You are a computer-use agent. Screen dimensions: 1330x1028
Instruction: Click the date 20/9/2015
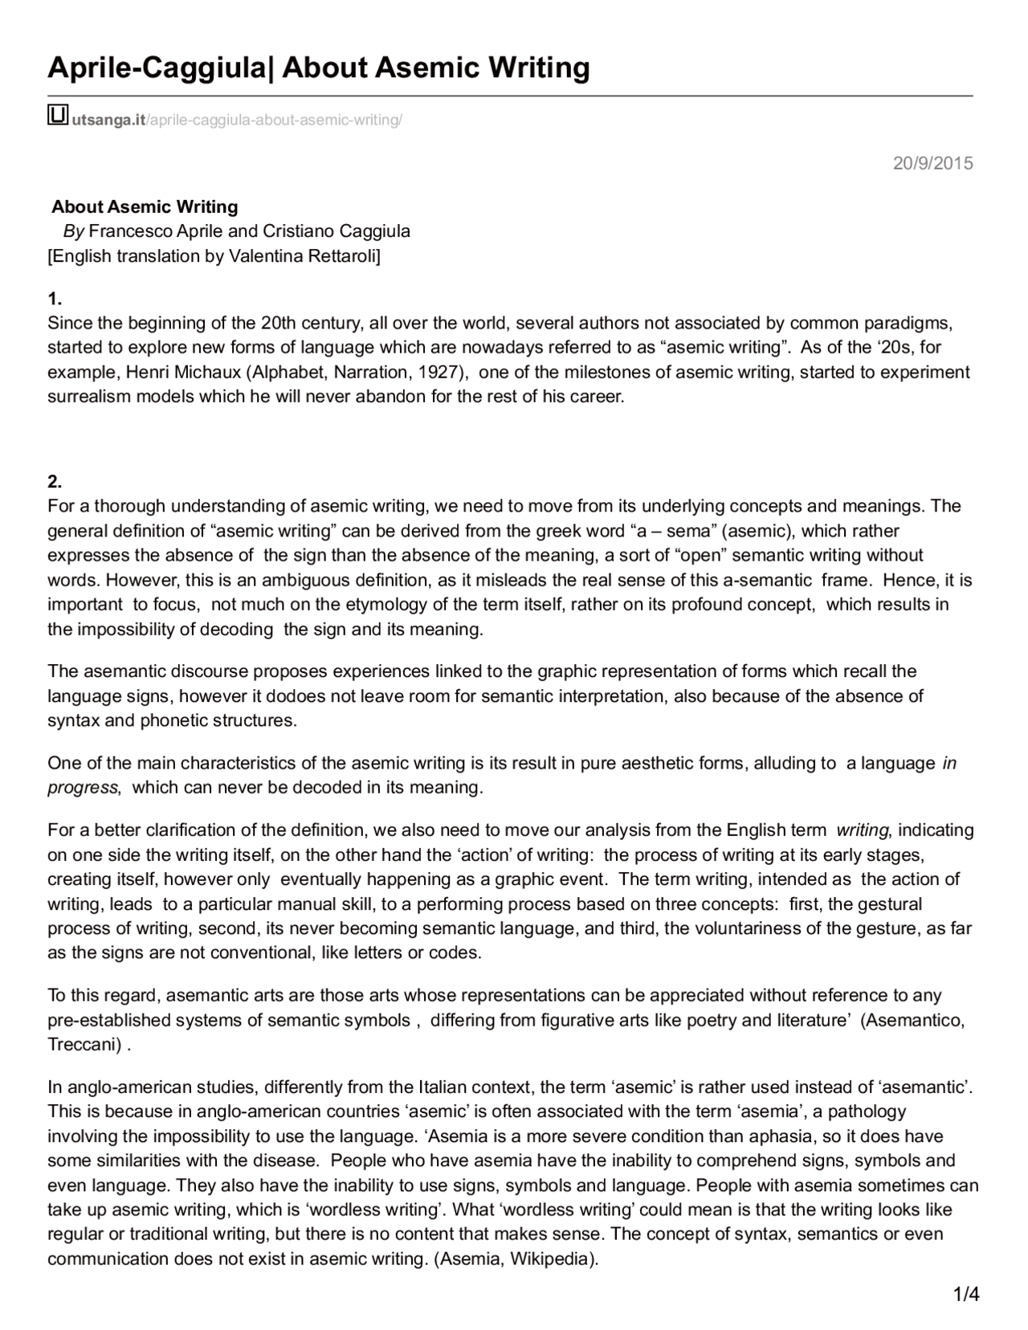click(x=932, y=164)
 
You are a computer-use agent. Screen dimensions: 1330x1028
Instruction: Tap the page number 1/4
click(x=965, y=1294)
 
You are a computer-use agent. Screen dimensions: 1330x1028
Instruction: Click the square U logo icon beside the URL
click(x=58, y=116)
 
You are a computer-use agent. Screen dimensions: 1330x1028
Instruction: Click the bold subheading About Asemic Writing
click(x=145, y=206)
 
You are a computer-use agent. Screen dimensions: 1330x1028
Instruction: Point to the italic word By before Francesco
click(x=73, y=231)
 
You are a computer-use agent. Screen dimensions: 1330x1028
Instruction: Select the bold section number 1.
click(x=54, y=300)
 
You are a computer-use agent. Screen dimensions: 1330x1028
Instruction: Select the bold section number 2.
click(x=54, y=482)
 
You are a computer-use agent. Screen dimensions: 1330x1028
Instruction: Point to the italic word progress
click(x=83, y=787)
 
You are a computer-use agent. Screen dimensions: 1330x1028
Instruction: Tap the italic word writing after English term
click(x=862, y=830)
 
